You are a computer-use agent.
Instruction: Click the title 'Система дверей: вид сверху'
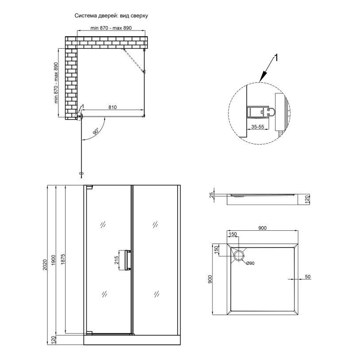click(111, 15)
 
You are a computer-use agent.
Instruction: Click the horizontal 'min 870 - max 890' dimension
click(111, 28)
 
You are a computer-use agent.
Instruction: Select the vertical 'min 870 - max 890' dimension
click(56, 83)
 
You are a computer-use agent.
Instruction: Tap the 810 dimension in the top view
click(112, 107)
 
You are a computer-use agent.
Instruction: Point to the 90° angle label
click(96, 132)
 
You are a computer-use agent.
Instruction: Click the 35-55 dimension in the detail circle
click(258, 127)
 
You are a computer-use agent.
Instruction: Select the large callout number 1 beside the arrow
click(276, 58)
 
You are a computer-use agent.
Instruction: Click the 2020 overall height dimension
click(45, 264)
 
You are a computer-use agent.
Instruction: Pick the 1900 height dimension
click(54, 260)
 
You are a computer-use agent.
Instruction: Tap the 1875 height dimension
click(63, 259)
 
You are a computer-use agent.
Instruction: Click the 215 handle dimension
click(116, 260)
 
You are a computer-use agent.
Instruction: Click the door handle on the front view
click(125, 260)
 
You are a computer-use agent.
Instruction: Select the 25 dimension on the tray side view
click(212, 195)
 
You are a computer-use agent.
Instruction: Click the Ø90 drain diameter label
click(250, 263)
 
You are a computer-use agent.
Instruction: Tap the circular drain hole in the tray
click(239, 256)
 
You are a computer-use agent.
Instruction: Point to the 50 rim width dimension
click(308, 277)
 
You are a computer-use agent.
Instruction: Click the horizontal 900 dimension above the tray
click(263, 228)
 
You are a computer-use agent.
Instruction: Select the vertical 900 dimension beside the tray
click(210, 279)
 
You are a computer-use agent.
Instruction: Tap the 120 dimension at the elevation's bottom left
click(53, 340)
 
